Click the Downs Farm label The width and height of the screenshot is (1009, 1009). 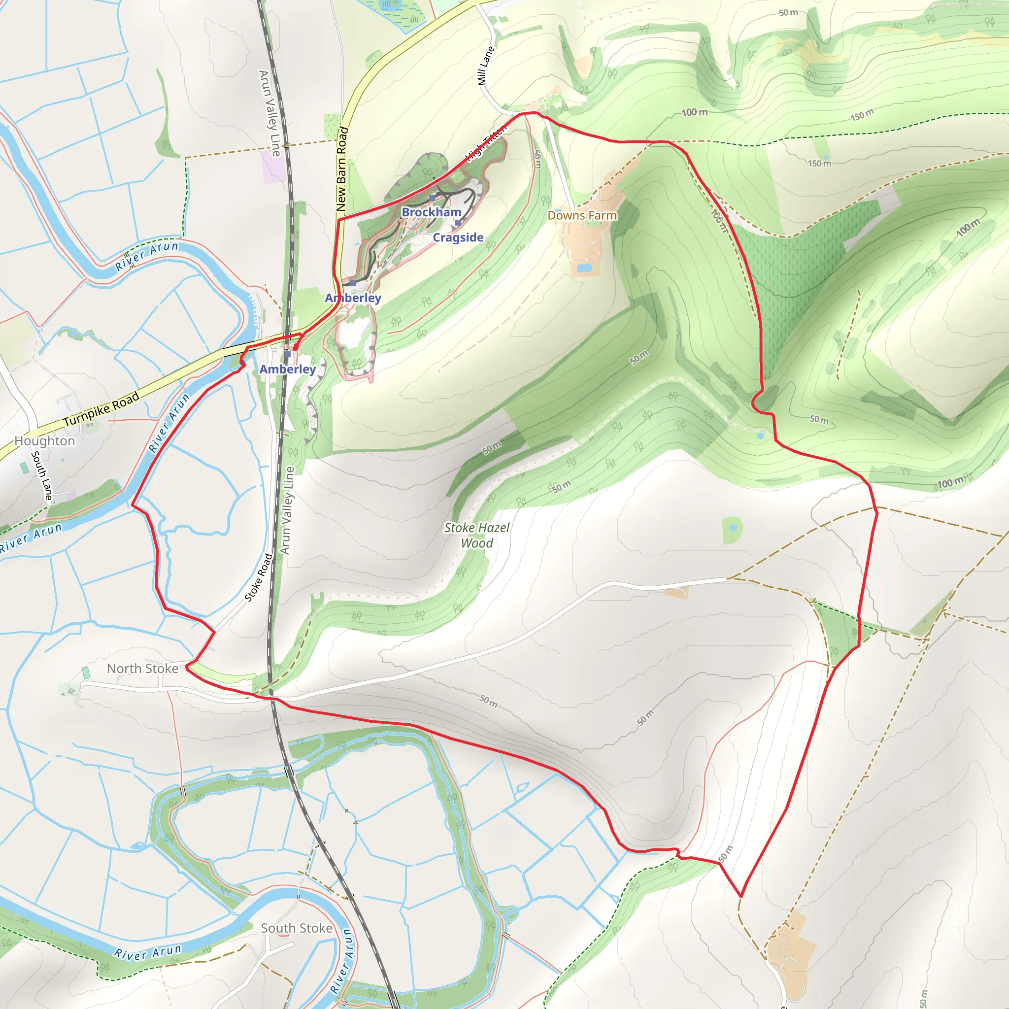click(x=582, y=215)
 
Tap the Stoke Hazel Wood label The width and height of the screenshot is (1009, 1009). click(x=476, y=536)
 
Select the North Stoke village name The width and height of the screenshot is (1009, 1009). click(x=142, y=669)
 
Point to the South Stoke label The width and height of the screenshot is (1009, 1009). click(x=297, y=928)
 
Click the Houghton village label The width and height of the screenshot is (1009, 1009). click(x=44, y=441)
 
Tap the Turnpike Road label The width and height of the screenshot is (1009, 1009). click(x=101, y=408)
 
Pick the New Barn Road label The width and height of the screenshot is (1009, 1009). click(x=341, y=168)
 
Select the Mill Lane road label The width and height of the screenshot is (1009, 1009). click(x=486, y=66)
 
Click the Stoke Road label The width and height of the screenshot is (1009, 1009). click(x=259, y=577)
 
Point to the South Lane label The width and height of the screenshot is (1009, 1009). click(x=42, y=475)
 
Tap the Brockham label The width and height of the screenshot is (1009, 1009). click(x=432, y=212)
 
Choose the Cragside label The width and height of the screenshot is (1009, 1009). click(x=458, y=237)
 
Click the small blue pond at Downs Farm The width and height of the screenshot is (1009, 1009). click(x=584, y=269)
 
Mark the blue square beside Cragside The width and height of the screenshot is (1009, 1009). click(x=458, y=223)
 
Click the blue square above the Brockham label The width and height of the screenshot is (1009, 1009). click(x=432, y=199)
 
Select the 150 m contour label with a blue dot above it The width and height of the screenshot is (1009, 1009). click(x=819, y=164)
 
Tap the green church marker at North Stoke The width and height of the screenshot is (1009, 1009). click(x=86, y=672)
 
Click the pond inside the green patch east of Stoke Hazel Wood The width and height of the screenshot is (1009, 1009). click(x=733, y=528)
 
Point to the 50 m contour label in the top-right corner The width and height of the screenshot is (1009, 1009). click(x=788, y=12)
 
